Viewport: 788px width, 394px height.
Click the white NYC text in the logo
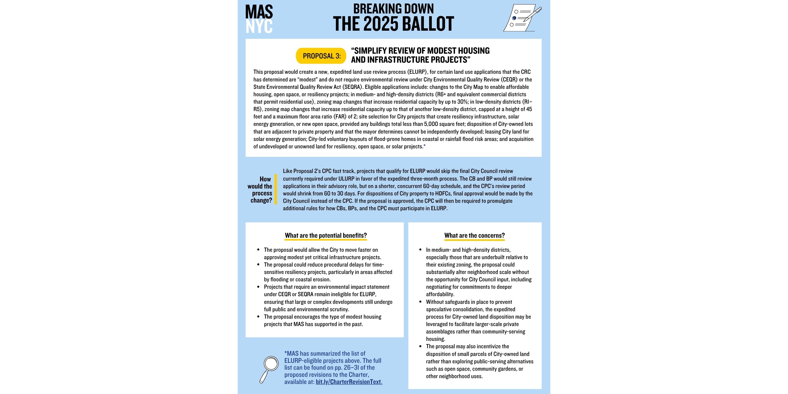coord(259,27)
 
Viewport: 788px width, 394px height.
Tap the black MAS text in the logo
coord(259,12)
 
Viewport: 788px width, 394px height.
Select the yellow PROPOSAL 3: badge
coord(321,56)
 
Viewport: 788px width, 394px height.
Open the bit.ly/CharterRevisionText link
coord(349,382)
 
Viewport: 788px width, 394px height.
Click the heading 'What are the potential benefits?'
coord(326,235)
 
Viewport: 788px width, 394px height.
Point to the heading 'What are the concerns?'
coord(474,235)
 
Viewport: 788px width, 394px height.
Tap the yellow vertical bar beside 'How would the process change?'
coord(276,189)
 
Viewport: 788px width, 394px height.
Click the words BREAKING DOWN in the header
coord(393,8)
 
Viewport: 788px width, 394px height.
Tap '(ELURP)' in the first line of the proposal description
coord(417,72)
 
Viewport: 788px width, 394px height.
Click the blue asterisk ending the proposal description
coord(425,146)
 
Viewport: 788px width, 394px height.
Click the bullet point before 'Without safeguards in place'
coord(420,302)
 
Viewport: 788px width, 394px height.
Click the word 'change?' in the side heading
coord(261,200)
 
